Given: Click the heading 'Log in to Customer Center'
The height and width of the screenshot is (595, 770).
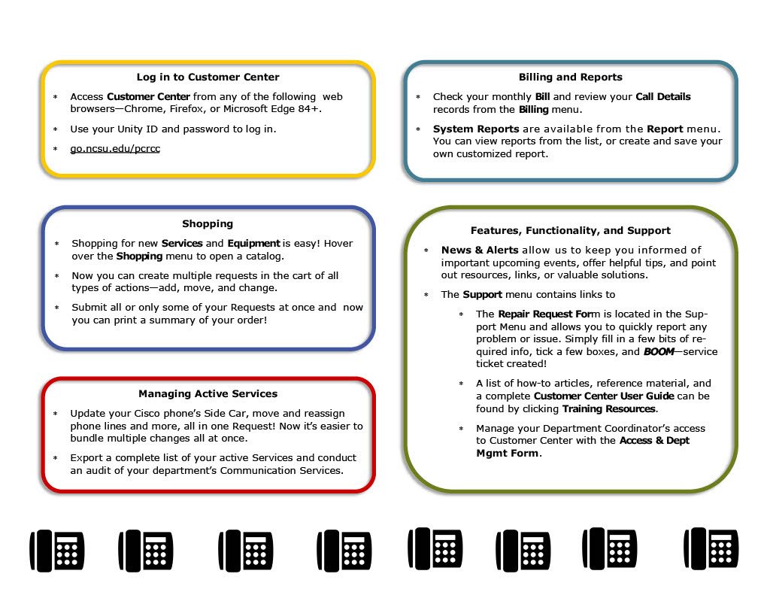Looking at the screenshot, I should tap(208, 77).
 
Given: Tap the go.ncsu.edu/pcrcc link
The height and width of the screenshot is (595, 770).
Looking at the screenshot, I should tap(115, 149).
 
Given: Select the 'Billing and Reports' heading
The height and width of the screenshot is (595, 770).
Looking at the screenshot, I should tap(570, 77).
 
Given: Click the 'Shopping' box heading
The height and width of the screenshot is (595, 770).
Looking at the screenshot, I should tap(208, 224).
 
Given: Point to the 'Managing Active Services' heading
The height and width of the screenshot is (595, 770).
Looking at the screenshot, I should tap(208, 394).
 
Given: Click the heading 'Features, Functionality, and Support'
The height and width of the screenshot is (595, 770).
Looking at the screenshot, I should tap(570, 231).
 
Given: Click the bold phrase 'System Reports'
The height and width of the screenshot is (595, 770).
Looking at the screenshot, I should tap(475, 129).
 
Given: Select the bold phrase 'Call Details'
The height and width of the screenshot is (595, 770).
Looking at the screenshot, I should tap(662, 97).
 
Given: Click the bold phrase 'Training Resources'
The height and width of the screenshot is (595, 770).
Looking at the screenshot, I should tap(609, 409).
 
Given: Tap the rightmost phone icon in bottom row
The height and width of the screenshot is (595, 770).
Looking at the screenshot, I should tap(710, 548).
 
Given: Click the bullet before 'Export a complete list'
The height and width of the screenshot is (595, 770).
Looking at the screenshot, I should tap(56, 458).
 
